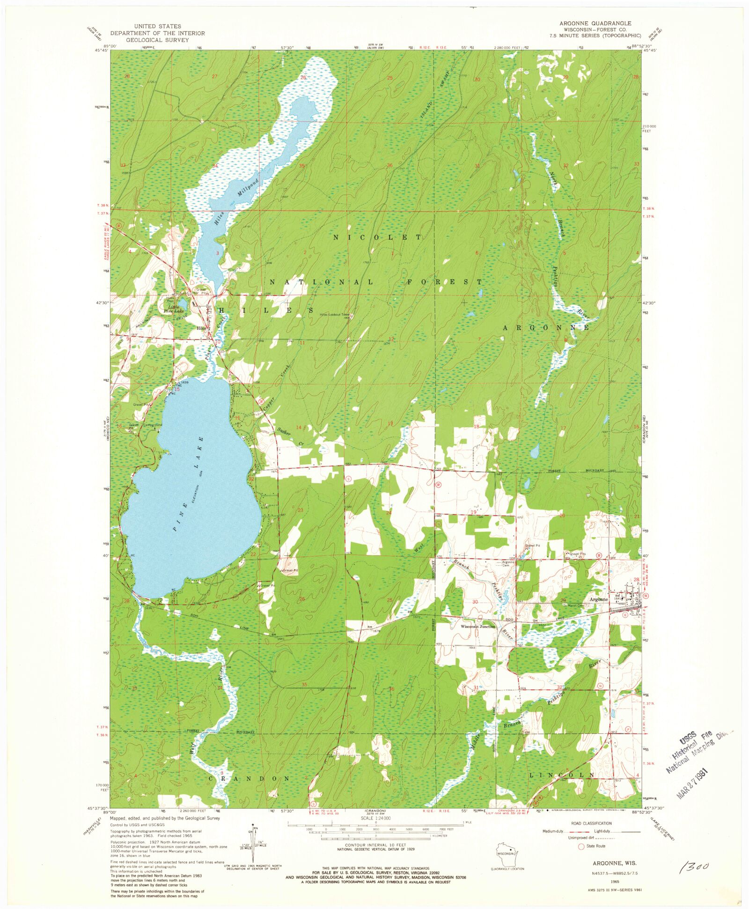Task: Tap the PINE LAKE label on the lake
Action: tap(188, 483)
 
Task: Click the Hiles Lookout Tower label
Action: tap(335, 315)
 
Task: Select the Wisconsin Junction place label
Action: tap(477, 626)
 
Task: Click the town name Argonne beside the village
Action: tap(598, 599)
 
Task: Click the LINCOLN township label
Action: tap(561, 775)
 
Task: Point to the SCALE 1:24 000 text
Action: tap(375, 818)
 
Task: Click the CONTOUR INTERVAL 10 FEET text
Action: tap(375, 845)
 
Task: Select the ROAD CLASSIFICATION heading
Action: tap(591, 823)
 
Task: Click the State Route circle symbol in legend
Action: tap(582, 846)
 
